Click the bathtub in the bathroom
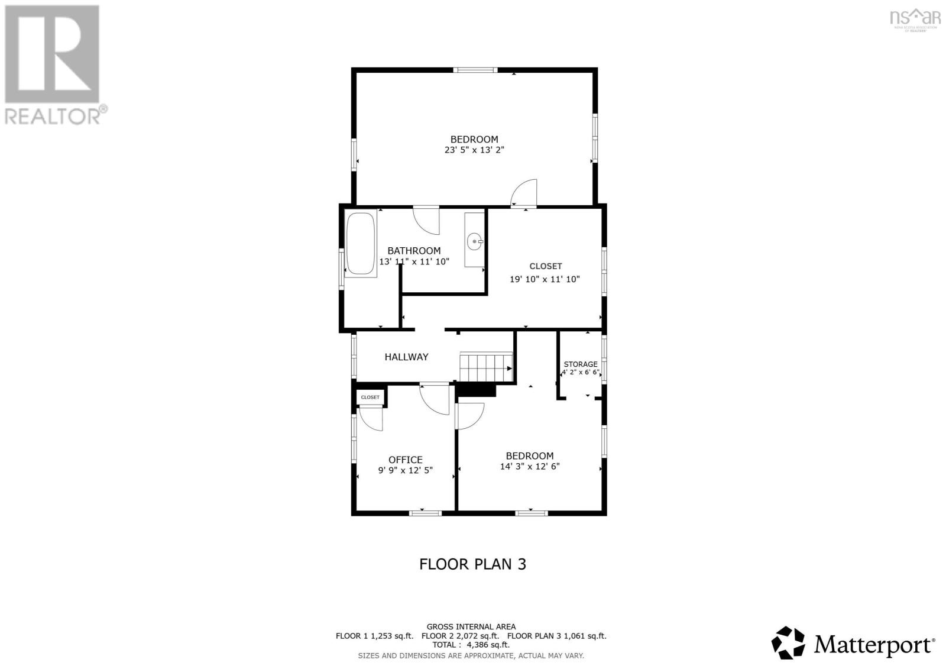click(x=361, y=244)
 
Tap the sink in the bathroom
click(x=474, y=241)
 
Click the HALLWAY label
click(x=406, y=357)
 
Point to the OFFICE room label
click(x=405, y=460)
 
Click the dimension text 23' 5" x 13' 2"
click(x=474, y=150)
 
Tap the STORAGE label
click(x=580, y=364)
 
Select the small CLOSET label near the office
click(x=370, y=397)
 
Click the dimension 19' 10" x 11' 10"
click(x=545, y=279)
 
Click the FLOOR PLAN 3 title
click(x=472, y=564)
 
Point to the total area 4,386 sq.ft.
click(x=471, y=645)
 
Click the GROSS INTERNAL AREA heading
click(x=471, y=626)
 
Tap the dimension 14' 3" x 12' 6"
click(x=530, y=466)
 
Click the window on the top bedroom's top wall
click(x=475, y=70)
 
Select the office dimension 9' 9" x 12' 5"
click(x=405, y=470)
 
